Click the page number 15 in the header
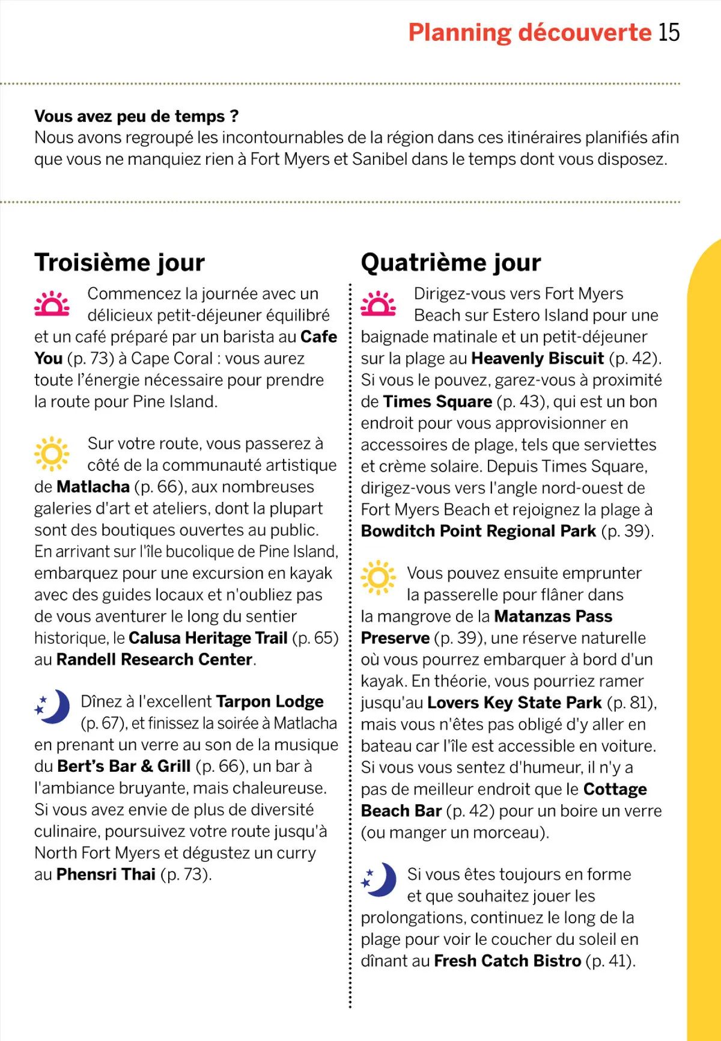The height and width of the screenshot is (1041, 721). [x=669, y=32]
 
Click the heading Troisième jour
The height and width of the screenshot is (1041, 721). [x=120, y=263]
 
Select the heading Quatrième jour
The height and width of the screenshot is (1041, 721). [x=451, y=263]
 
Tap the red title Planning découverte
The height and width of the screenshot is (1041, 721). [x=529, y=32]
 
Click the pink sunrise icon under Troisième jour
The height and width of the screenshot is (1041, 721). [x=52, y=304]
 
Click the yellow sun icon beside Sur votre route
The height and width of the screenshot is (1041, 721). [x=52, y=454]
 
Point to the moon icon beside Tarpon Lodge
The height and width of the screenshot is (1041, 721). [x=53, y=706]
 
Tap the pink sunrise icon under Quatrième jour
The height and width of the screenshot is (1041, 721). [x=378, y=304]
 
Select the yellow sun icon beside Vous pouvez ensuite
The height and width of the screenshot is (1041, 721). [x=378, y=578]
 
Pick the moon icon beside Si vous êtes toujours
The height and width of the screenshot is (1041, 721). [x=379, y=880]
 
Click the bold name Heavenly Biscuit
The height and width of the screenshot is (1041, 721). [x=537, y=359]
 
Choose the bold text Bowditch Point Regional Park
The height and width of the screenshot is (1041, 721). [x=478, y=531]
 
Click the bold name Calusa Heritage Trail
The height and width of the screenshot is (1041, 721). [x=208, y=638]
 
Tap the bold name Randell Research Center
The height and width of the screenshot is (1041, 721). [x=154, y=660]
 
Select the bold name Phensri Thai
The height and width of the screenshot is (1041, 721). [x=106, y=875]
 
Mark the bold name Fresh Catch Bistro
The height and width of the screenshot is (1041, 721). [x=507, y=961]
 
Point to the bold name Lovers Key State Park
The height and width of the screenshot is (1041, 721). [x=514, y=703]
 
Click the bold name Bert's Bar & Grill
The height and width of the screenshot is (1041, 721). [x=124, y=766]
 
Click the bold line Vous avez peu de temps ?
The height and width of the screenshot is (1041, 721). [x=136, y=116]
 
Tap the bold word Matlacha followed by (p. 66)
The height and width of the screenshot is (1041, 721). [x=93, y=487]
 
